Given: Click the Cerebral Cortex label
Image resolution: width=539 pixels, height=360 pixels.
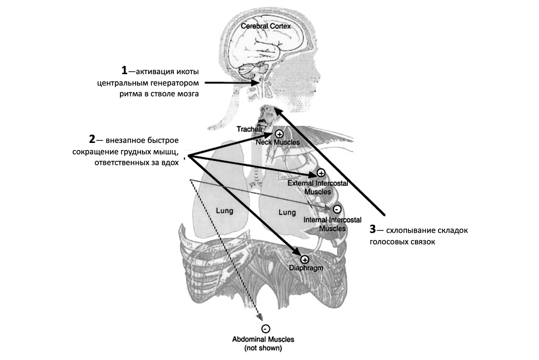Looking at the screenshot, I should pos(266,27).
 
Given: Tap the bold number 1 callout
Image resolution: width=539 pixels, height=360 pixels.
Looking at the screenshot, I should pos(125,71).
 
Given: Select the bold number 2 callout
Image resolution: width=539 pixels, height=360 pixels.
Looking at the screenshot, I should pos(92,140).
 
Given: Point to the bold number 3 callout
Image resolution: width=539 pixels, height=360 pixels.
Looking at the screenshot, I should pos(372,230).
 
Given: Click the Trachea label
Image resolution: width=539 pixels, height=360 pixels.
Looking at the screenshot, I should pos(248,129).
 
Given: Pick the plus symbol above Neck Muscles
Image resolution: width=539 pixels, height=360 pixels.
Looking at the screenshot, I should pos(278,133).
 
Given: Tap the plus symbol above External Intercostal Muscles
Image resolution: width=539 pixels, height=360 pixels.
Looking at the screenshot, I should pos(321,173).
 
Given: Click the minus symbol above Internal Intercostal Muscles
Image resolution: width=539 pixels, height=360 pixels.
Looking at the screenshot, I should pos(337,209).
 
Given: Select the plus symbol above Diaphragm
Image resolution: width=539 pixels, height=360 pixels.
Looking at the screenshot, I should pos(305,259).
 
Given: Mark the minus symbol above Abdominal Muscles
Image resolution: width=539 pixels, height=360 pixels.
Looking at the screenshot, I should pos(265,329).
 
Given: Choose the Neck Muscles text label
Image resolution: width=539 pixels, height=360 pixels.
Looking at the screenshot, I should pos(277,142).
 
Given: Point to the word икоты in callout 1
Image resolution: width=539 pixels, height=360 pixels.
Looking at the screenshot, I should pos(186,71).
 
